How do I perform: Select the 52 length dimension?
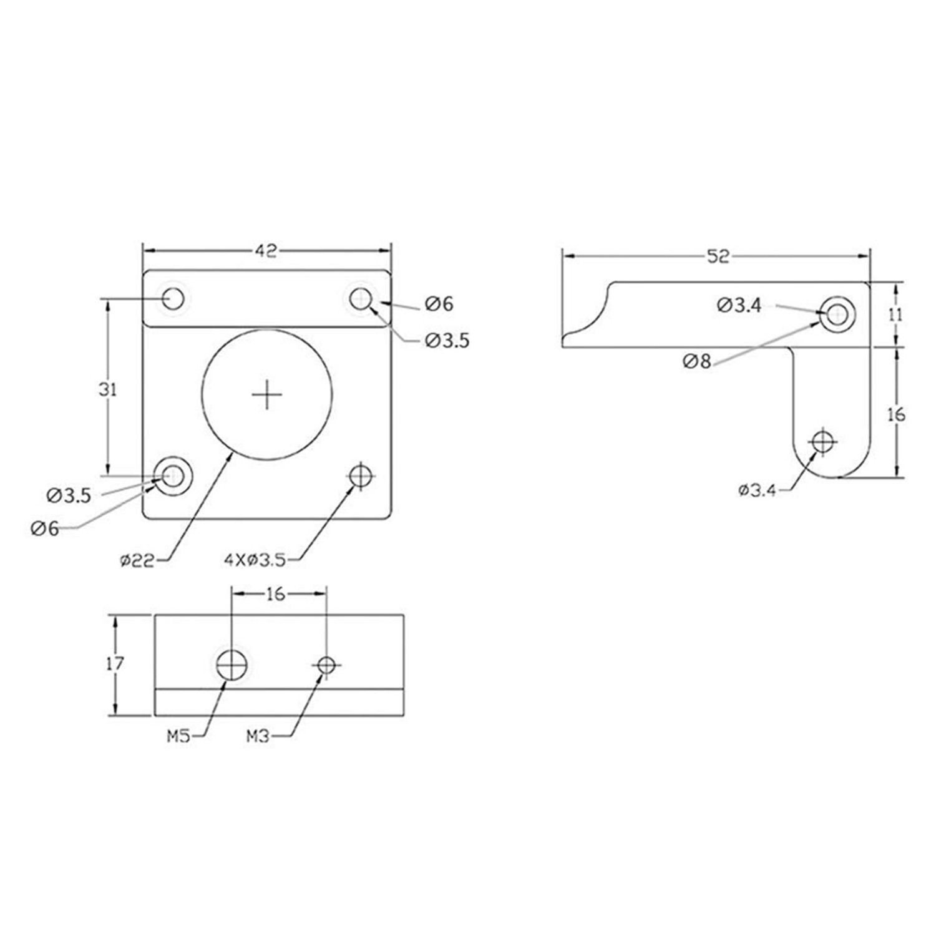point(718,256)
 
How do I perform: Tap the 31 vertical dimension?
point(108,390)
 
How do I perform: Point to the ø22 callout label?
point(137,560)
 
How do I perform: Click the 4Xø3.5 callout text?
point(255,560)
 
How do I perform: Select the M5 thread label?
point(178,737)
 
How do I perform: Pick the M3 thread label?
point(257,737)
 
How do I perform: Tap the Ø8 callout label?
point(696,361)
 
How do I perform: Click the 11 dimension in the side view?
point(895,314)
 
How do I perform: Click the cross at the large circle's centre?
point(267,395)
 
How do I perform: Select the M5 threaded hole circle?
point(232,665)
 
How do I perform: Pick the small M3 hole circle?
point(326,665)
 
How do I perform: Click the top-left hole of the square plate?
point(173,299)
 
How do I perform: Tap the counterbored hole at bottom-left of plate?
point(173,476)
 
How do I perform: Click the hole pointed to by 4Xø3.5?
point(361,477)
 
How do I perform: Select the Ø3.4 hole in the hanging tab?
point(823,442)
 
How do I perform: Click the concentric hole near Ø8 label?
point(837,314)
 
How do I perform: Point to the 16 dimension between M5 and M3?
point(275,594)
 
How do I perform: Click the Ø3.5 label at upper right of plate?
point(447,341)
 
